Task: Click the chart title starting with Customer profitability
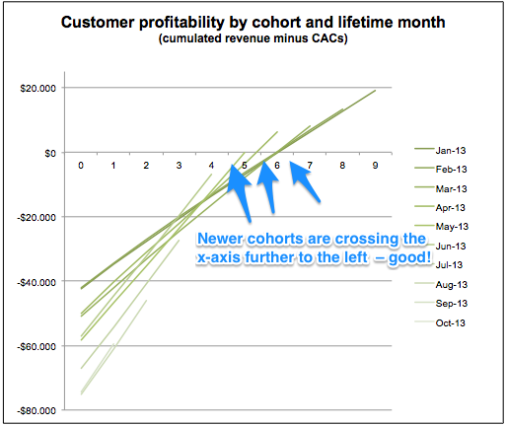tap(253, 23)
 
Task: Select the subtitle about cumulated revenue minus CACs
tap(253, 38)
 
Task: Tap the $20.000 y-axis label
tap(37, 89)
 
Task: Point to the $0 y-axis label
tap(50, 153)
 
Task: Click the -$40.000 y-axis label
tap(36, 282)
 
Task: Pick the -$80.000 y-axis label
tap(36, 411)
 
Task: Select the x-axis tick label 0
tap(81, 166)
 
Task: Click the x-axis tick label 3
tap(179, 166)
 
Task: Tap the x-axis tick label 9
tap(375, 166)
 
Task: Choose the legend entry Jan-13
tap(440, 150)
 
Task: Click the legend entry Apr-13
tap(440, 207)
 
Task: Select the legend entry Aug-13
tap(441, 284)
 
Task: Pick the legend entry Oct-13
tap(440, 322)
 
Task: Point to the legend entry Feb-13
tap(441, 169)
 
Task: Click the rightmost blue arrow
tap(305, 181)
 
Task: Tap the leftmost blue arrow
tap(240, 193)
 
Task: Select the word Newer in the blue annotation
tap(220, 239)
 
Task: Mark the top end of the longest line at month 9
tap(376, 90)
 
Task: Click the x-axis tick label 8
tap(342, 166)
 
